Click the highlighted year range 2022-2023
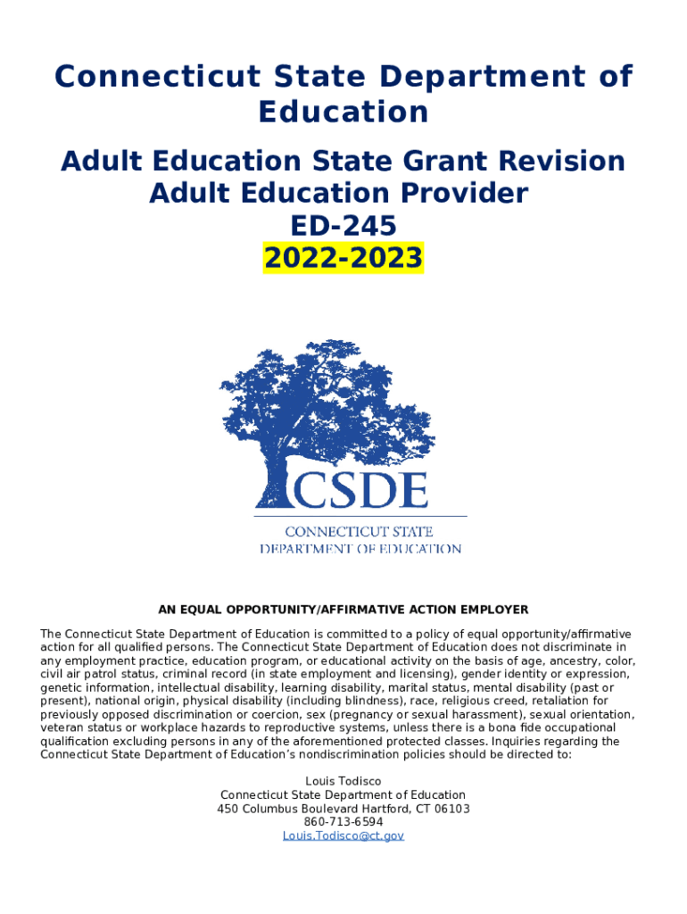(x=343, y=258)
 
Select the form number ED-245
(x=343, y=226)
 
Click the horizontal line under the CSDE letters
(x=360, y=516)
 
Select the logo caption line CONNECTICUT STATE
(x=360, y=532)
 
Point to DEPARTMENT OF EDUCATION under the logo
(x=360, y=548)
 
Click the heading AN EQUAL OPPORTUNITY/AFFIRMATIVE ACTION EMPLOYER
(x=343, y=610)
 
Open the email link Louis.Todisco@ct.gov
(x=343, y=835)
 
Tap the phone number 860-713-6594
(x=343, y=822)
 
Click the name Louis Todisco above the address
(x=343, y=782)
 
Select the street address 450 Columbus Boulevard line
(x=343, y=809)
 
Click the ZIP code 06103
(x=452, y=809)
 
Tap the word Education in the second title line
(x=343, y=112)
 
